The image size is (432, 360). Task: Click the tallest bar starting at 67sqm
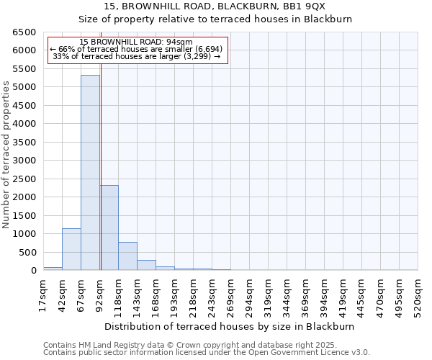pos(90,173)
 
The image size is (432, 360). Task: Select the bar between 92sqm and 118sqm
pos(109,228)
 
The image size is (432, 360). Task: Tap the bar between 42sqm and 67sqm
pos(71,249)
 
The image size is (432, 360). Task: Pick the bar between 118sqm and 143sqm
pos(127,256)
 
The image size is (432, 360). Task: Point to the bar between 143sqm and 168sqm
pos(146,265)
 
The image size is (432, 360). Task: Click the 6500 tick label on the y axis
pos(24,32)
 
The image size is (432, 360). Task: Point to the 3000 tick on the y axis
pos(24,161)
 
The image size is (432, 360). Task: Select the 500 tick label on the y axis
pos(27,252)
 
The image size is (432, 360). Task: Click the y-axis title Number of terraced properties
pos(6,154)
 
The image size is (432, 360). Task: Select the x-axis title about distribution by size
pos(230,326)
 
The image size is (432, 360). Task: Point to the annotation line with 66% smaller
pos(136,49)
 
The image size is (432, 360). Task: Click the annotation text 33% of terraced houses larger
pos(136,56)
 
